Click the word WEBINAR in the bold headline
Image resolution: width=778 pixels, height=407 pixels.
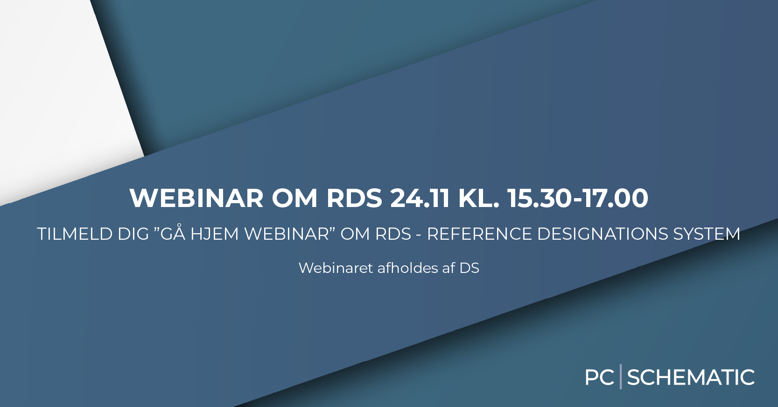tap(196, 198)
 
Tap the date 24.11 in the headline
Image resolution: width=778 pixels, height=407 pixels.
tap(420, 198)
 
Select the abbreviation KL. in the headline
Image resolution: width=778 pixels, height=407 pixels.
tap(479, 198)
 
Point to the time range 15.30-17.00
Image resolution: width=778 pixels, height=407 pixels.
tap(578, 198)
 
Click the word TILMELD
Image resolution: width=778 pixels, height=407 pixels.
tap(75, 234)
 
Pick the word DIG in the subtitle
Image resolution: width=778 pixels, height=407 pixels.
tap(133, 234)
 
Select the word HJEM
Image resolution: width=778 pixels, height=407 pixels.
tap(215, 234)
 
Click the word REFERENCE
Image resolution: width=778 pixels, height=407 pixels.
tap(479, 234)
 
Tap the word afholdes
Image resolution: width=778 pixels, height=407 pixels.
tap(407, 268)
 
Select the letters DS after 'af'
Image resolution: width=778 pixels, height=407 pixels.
tap(470, 268)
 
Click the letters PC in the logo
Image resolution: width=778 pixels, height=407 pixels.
tap(599, 378)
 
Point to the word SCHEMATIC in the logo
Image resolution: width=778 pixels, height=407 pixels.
tap(691, 378)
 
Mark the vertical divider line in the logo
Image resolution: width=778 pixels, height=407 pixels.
tap(621, 376)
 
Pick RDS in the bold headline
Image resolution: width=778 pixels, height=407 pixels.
tap(354, 198)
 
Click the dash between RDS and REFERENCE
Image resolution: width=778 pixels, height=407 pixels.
tap(419, 235)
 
